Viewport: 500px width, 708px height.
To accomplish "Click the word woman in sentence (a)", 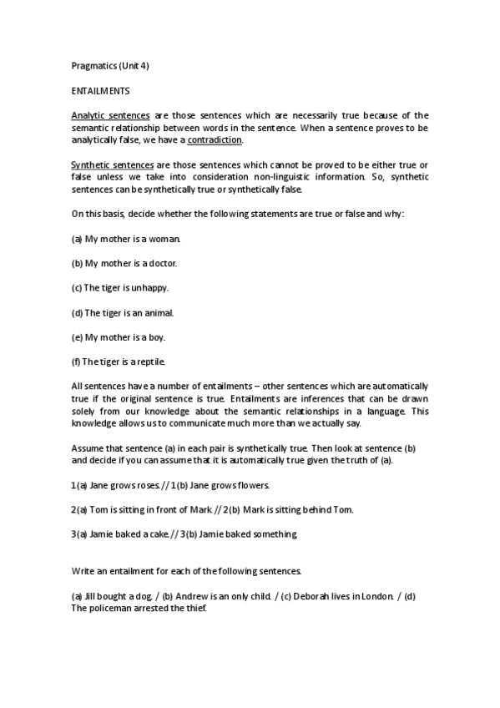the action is pyautogui.click(x=164, y=238).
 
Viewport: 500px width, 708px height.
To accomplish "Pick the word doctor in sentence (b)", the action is pyautogui.click(x=163, y=263).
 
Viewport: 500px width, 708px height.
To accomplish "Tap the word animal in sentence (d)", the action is pyautogui.click(x=157, y=312).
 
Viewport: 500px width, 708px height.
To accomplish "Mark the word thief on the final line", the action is pyautogui.click(x=192, y=608).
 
